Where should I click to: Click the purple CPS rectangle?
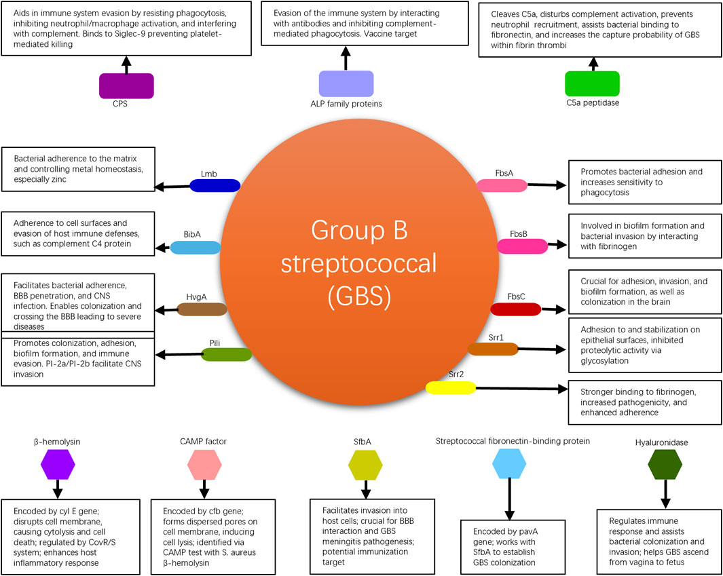[x=126, y=85]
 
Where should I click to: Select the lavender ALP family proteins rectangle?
[x=346, y=83]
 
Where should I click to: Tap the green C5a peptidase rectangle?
[x=592, y=83]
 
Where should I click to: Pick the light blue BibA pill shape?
[x=195, y=247]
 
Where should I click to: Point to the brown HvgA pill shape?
[x=202, y=309]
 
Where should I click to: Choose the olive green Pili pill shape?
[x=227, y=353]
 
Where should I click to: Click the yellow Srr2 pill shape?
[x=451, y=387]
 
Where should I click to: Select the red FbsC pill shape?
[x=516, y=309]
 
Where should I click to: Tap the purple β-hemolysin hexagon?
[x=58, y=465]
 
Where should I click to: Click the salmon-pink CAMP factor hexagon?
[x=204, y=465]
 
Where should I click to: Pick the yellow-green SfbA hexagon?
[x=365, y=465]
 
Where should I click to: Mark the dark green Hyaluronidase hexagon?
[x=665, y=465]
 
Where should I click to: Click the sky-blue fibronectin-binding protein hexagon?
[x=509, y=465]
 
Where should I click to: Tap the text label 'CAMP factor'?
[x=204, y=441]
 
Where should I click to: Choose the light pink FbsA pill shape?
[x=502, y=185]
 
